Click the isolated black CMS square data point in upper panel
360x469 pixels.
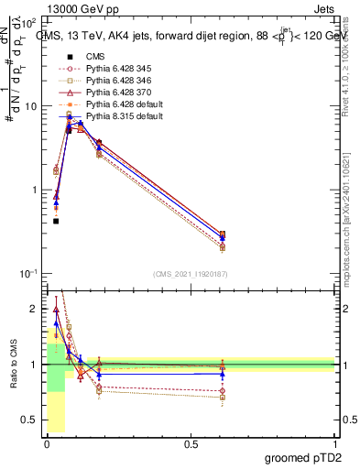(x=56, y=221)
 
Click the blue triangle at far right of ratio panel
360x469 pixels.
(x=223, y=374)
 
